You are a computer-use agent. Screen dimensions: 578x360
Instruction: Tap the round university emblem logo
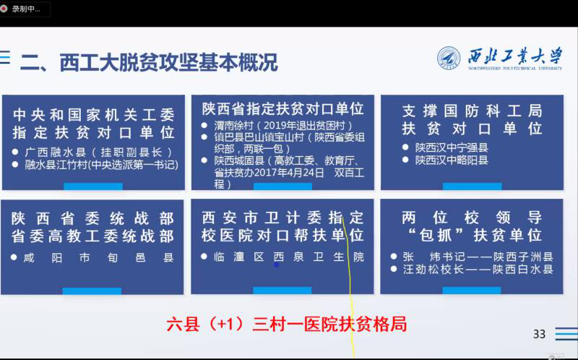point(449,59)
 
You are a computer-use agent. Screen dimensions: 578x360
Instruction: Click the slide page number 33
point(539,334)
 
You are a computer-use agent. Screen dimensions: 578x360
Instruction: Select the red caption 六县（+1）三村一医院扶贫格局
point(287,325)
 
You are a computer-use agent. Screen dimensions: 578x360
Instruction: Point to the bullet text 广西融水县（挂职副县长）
point(99,152)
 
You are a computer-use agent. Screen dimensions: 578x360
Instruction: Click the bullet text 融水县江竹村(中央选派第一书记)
point(101,165)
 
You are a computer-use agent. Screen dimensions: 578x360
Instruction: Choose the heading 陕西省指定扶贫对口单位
point(282,109)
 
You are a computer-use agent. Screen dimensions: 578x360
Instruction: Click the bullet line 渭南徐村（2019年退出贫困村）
point(283,125)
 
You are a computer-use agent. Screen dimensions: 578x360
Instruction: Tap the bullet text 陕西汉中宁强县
point(452,147)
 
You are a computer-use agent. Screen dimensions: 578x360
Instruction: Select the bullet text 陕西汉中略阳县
point(452,160)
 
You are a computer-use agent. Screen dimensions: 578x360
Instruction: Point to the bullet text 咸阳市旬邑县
point(98,257)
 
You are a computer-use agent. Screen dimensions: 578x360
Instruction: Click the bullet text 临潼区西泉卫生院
point(288,257)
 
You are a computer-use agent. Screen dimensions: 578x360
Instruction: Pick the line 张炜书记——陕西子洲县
point(478,257)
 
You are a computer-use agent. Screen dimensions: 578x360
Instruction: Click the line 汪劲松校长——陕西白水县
point(478,269)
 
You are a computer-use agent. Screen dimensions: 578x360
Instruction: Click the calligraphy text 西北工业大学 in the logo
point(515,56)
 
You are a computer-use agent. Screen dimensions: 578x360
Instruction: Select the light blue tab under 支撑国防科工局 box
point(473,187)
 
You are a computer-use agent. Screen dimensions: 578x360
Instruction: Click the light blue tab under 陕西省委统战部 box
point(92,291)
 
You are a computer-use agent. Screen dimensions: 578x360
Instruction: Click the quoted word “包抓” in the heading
point(436,235)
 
